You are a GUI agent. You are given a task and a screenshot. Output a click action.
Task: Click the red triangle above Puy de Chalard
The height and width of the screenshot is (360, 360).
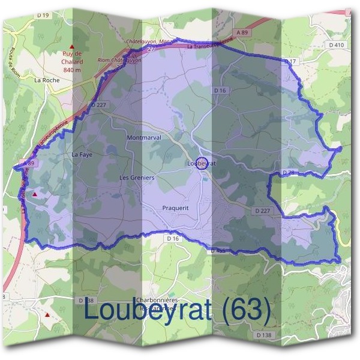point(73,46)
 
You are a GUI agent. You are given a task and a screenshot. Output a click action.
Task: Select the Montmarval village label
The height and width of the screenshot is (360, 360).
point(144,138)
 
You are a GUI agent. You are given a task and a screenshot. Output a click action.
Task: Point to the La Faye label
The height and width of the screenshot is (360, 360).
point(82,155)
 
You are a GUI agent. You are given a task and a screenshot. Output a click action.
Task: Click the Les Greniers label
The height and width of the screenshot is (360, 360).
point(137,178)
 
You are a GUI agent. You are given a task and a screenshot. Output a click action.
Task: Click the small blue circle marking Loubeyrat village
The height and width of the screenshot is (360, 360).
point(202,163)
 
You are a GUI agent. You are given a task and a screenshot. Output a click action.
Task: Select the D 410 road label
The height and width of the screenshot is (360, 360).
point(337,46)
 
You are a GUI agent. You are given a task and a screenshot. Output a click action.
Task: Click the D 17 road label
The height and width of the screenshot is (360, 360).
point(291,62)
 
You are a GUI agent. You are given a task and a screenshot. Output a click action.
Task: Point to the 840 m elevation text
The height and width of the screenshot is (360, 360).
point(72,70)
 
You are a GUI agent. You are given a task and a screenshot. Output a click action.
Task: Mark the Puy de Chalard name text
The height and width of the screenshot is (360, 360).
point(72,58)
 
